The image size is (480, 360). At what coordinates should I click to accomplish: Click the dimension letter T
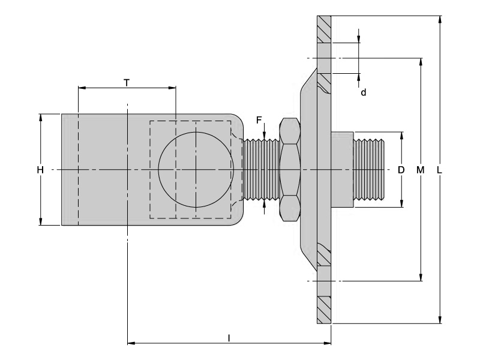127,82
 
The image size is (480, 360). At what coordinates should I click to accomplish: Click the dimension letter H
40,170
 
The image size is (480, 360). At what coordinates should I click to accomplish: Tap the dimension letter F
259,120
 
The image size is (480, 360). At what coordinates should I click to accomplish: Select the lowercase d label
363,92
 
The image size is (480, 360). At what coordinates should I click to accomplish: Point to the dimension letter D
401,170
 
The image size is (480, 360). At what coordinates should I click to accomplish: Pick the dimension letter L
440,170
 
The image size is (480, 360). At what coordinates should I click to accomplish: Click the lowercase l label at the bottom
229,338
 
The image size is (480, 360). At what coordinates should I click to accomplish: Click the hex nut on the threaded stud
290,169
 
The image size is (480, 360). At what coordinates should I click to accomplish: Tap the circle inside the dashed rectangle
195,169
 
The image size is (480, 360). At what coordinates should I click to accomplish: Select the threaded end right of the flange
370,169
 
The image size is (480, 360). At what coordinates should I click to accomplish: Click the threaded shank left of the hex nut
261,169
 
